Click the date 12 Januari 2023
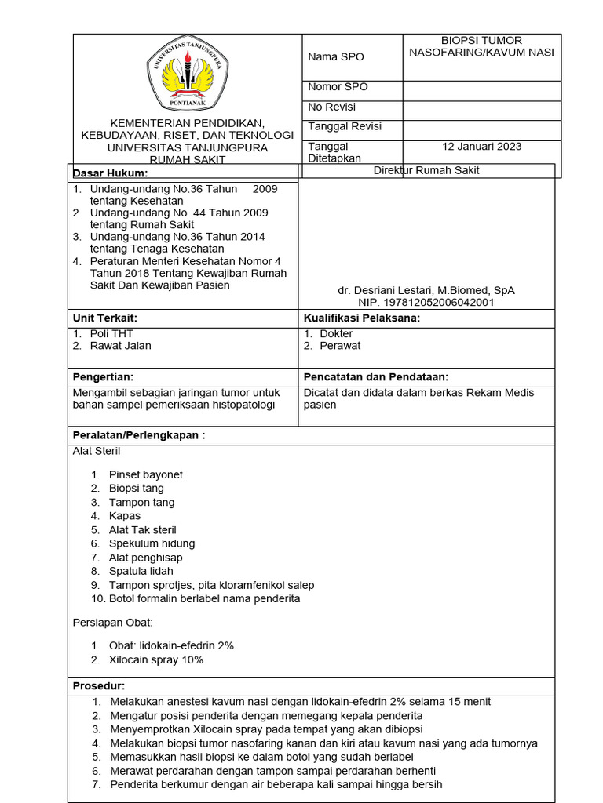(481, 147)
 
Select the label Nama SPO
(335, 57)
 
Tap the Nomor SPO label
(338, 87)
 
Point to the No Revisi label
(332, 107)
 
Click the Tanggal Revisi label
(345, 127)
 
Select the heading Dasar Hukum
(110, 173)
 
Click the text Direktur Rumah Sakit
(426, 170)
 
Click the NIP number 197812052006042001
(426, 302)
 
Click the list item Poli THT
(111, 334)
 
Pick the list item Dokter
(336, 334)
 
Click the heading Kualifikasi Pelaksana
(361, 318)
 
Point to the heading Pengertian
(103, 377)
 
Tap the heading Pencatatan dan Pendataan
(375, 377)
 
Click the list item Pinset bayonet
(145, 474)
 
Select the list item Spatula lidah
(141, 572)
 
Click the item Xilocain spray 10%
(155, 659)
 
